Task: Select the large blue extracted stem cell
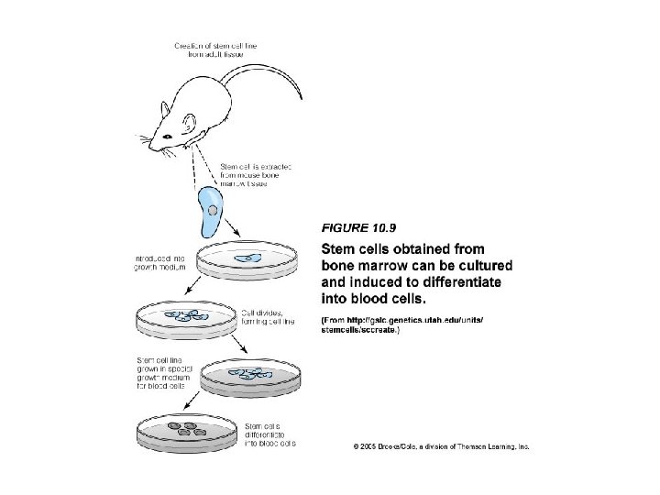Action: pos(212,209)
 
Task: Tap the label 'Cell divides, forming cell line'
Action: pos(269,317)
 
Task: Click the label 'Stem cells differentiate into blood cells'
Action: pos(271,433)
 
